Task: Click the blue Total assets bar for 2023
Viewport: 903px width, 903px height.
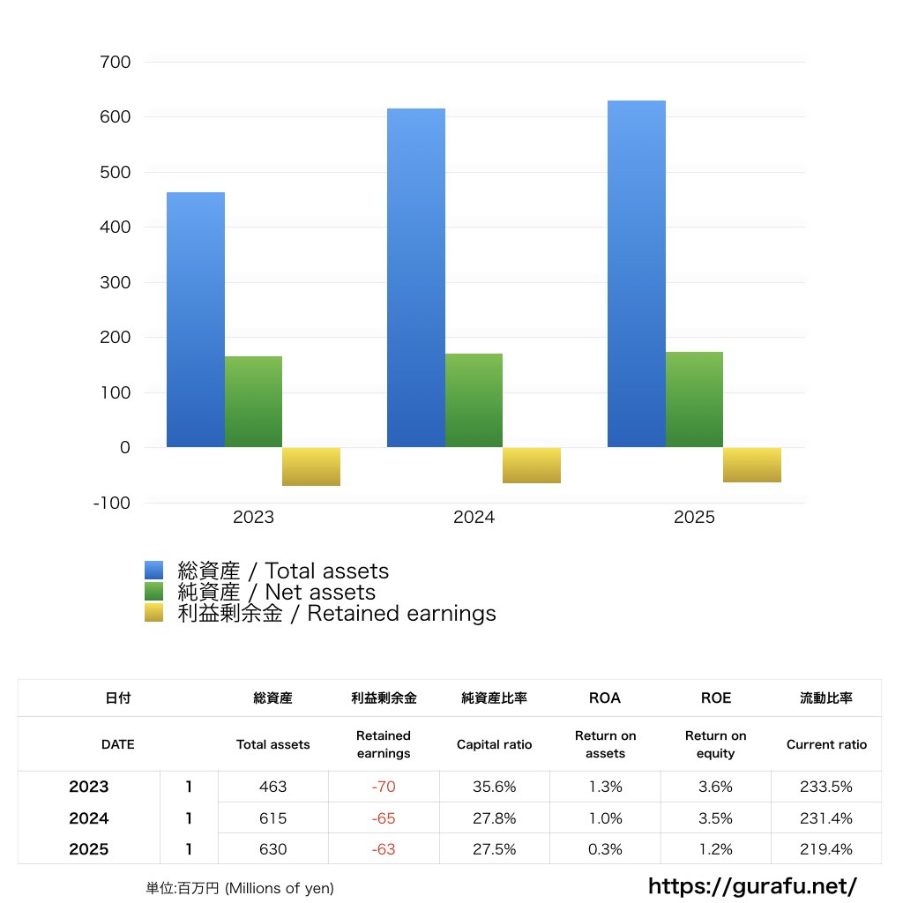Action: pos(196,319)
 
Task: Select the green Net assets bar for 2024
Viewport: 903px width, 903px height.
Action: pos(474,400)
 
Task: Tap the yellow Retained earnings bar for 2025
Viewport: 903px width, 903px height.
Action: pos(751,465)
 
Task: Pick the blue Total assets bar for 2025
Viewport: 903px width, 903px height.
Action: pos(637,273)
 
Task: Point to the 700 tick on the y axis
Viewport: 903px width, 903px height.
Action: pos(116,63)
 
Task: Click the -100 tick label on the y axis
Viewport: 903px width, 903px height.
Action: pos(113,504)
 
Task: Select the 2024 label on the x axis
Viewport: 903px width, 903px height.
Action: pos(474,518)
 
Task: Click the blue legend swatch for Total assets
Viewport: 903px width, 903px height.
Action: pos(154,571)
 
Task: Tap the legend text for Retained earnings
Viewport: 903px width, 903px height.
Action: pos(336,614)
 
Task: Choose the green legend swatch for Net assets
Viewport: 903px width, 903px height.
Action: pos(154,592)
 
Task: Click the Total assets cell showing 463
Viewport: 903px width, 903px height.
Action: pos(273,787)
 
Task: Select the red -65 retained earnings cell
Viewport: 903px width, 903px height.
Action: pos(384,818)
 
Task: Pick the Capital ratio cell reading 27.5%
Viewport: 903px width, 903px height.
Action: pos(494,849)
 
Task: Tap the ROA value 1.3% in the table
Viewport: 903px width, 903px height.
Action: pos(605,787)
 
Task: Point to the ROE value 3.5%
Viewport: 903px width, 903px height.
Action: pos(715,818)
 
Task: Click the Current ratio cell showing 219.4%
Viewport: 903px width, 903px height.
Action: pos(826,849)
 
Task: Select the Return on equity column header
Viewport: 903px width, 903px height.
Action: pos(715,744)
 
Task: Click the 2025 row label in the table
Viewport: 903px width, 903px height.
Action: pos(89,849)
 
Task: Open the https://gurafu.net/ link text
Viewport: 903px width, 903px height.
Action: pos(753,885)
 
